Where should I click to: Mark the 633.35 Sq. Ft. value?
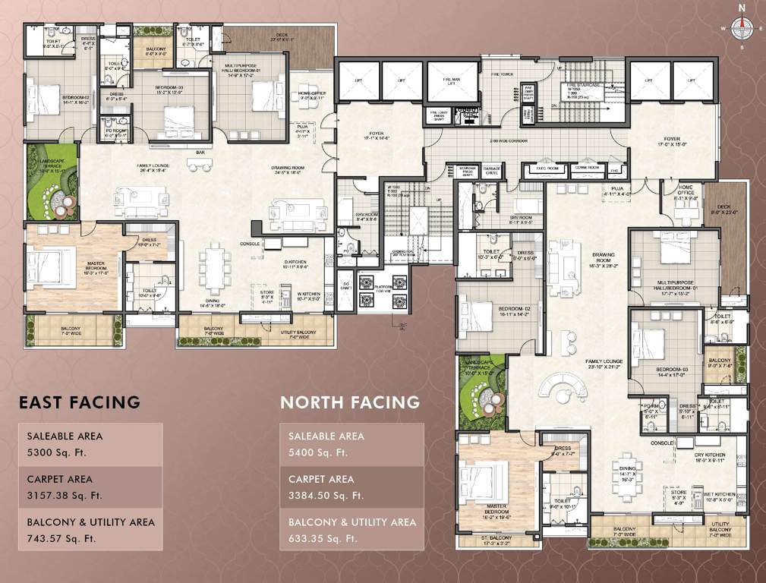tap(324, 538)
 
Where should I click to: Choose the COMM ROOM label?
tap(587, 167)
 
